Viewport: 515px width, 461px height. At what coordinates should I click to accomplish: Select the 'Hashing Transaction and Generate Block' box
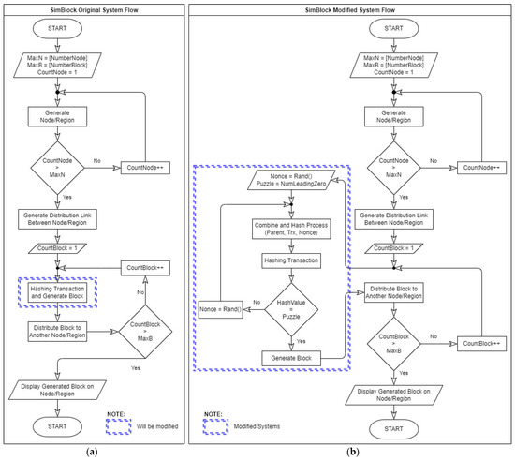click(58, 293)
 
